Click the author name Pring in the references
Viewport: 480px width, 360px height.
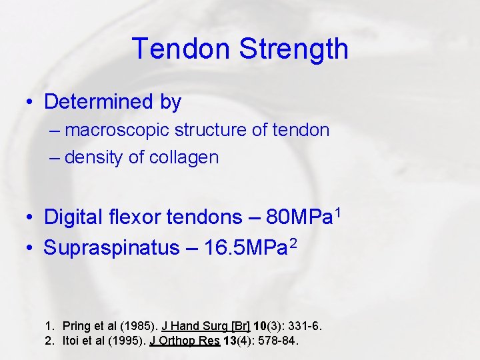[75, 326]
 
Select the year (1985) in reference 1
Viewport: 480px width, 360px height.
[138, 326]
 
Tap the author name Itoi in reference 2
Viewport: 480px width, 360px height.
[71, 341]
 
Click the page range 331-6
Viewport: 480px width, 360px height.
[304, 326]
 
